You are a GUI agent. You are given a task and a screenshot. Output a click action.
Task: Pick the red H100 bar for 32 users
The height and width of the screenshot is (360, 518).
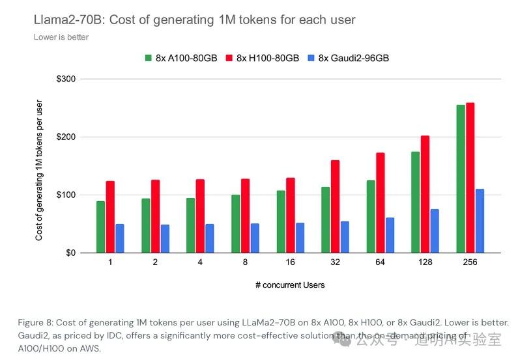335,206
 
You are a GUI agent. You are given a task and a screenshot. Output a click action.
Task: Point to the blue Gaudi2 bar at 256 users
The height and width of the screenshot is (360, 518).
480,221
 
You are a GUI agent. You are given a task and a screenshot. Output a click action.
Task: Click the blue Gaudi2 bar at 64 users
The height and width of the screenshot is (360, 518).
390,235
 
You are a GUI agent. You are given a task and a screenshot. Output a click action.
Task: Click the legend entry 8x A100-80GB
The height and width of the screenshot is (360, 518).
185,58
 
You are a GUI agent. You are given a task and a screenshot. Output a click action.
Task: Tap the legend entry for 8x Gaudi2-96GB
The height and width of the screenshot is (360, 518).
349,58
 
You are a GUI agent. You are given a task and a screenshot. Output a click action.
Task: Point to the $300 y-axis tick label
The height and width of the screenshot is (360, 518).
66,79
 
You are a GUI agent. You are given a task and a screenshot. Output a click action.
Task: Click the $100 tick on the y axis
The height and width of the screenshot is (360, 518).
66,195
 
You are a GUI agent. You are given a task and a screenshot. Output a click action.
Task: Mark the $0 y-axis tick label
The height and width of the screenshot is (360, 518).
70,253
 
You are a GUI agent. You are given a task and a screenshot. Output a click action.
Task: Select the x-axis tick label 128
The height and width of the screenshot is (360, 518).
425,262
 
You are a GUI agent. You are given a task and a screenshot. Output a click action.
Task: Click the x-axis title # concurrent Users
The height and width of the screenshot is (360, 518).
289,284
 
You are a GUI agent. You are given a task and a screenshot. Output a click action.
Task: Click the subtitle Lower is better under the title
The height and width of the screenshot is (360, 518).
61,37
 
